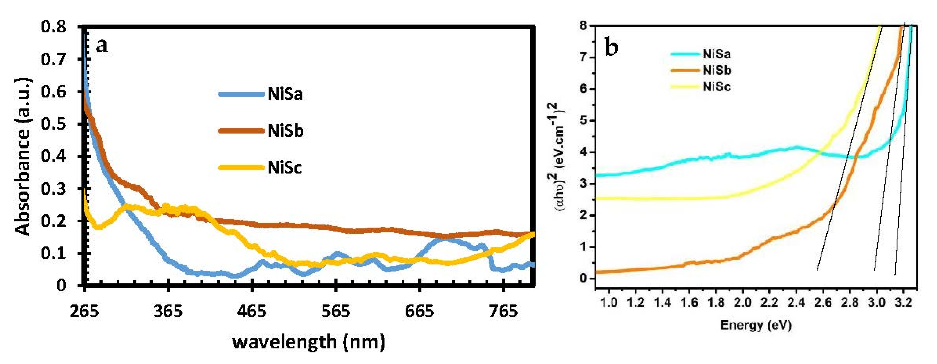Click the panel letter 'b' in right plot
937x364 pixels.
pos(611,47)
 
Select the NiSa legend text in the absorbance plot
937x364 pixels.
pos(285,94)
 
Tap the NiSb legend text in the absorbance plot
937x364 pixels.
pos(286,131)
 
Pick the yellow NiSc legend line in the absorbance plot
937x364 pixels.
pos(241,167)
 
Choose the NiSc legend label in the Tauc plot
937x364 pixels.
pos(716,87)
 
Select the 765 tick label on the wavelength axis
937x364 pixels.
pos(503,311)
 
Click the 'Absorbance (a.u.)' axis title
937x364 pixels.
pos(22,157)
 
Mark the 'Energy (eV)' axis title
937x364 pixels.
pos(756,325)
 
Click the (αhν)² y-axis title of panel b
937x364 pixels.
pos(555,157)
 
